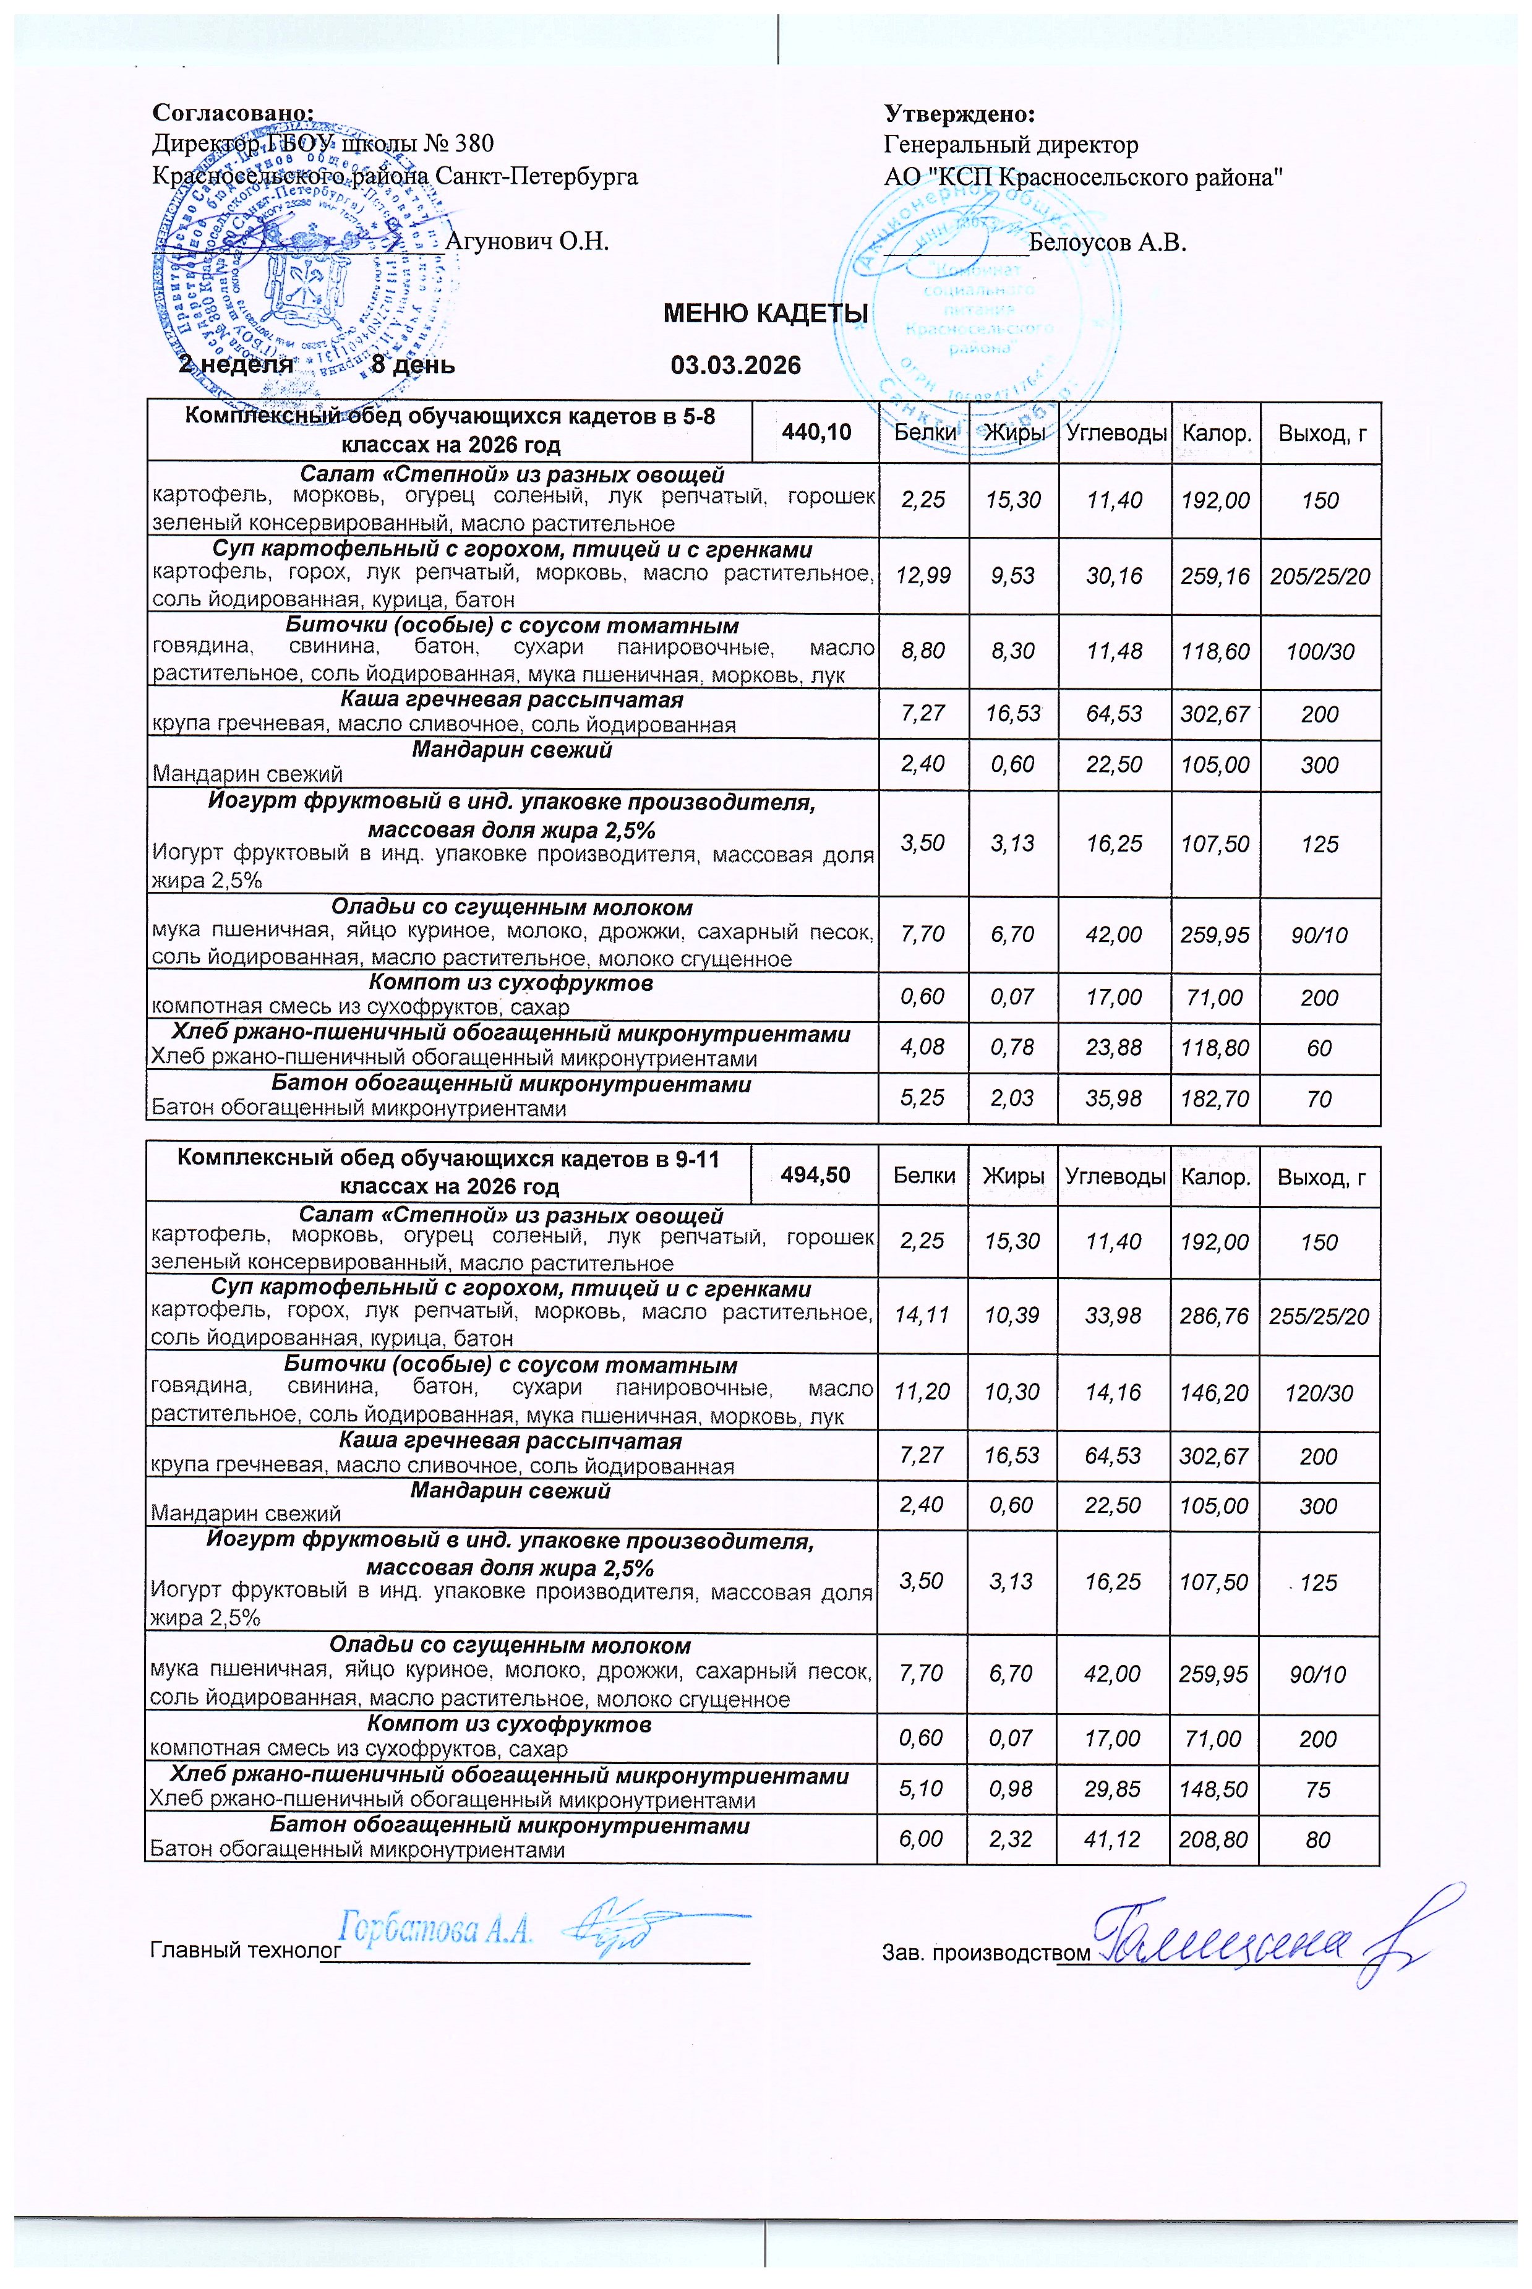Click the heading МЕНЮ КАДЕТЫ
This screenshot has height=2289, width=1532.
[765, 314]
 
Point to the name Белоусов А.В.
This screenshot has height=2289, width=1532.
[1107, 242]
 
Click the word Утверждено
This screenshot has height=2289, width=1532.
[959, 114]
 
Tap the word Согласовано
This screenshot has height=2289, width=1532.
[234, 114]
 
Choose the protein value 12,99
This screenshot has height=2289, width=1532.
[922, 575]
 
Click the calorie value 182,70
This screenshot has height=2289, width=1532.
[1215, 1099]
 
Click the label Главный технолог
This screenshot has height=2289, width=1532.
[246, 1950]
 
